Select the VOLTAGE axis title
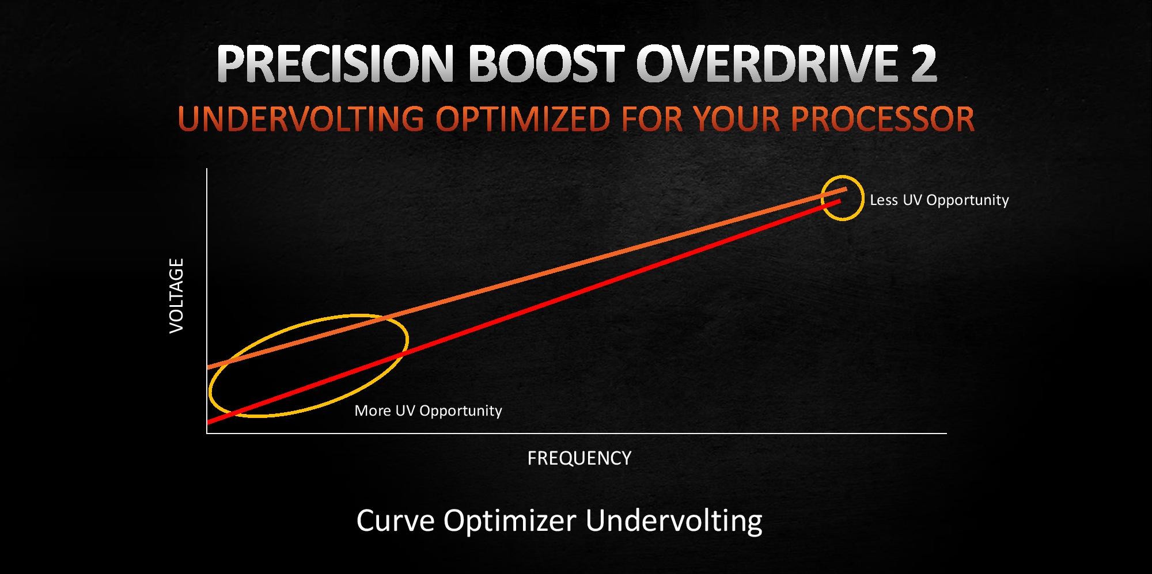176,295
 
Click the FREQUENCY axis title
579,458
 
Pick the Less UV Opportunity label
939,200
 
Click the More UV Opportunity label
428,410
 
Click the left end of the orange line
208,367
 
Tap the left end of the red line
208,423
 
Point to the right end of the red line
840,200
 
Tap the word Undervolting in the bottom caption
674,522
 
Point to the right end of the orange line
846,189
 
